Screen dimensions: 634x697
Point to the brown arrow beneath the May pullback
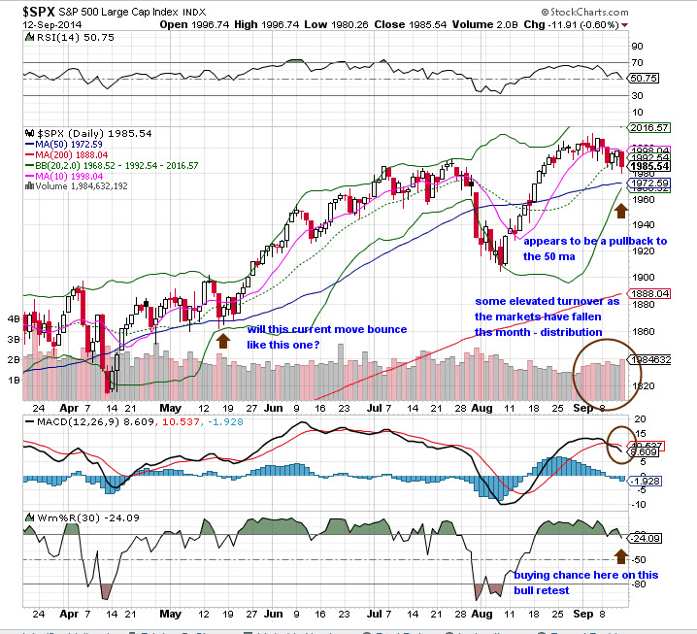pyautogui.click(x=223, y=340)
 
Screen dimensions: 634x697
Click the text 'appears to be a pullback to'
pyautogui.click(x=595, y=241)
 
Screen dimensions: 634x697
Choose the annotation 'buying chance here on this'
pyautogui.click(x=586, y=575)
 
